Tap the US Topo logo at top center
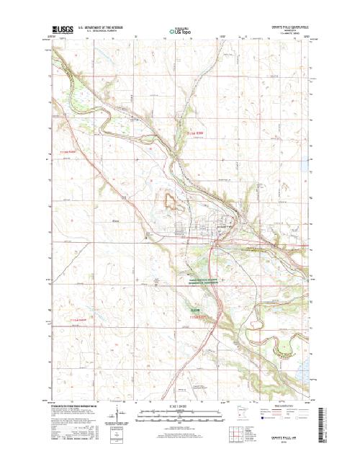pos(179,30)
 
